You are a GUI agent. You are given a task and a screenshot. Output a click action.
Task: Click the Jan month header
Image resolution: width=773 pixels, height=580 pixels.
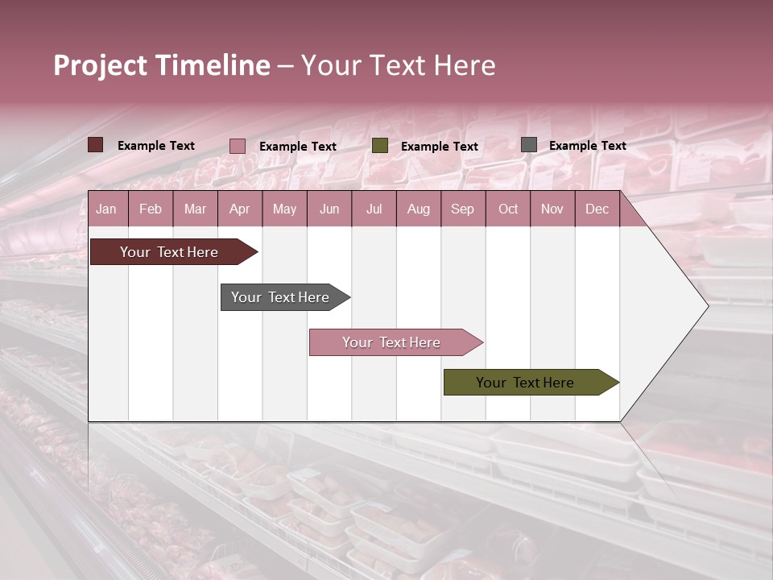pyautogui.click(x=106, y=209)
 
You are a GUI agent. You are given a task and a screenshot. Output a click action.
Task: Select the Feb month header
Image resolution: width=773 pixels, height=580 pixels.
pyautogui.click(x=151, y=209)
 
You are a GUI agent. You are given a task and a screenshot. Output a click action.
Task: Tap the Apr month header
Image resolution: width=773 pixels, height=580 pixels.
pyautogui.click(x=239, y=209)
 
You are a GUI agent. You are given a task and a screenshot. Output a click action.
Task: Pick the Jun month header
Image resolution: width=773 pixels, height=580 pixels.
pyautogui.click(x=329, y=209)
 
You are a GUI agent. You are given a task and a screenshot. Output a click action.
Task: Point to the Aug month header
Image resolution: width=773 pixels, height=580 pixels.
pyautogui.click(x=418, y=209)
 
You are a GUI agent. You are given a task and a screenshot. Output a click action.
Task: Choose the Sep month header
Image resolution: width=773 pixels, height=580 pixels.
pyautogui.click(x=462, y=209)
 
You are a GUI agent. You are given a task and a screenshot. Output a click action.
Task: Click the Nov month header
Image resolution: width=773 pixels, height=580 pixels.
pyautogui.click(x=552, y=209)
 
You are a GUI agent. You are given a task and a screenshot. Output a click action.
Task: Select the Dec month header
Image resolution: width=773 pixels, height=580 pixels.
pyautogui.click(x=597, y=209)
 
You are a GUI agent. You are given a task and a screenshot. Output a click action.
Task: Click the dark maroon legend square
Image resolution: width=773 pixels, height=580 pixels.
pyautogui.click(x=96, y=145)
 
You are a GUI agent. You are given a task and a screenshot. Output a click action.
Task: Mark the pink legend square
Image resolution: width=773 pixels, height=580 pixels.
pyautogui.click(x=238, y=146)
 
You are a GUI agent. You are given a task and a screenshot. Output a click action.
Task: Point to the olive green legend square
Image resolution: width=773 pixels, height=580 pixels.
pyautogui.click(x=380, y=146)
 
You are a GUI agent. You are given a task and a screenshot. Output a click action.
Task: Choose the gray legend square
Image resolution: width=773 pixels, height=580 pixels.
pyautogui.click(x=529, y=145)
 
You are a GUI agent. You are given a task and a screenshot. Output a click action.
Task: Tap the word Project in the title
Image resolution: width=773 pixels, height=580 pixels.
pyautogui.click(x=101, y=65)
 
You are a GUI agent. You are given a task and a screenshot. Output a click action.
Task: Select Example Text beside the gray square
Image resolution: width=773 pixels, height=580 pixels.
pyautogui.click(x=587, y=146)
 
